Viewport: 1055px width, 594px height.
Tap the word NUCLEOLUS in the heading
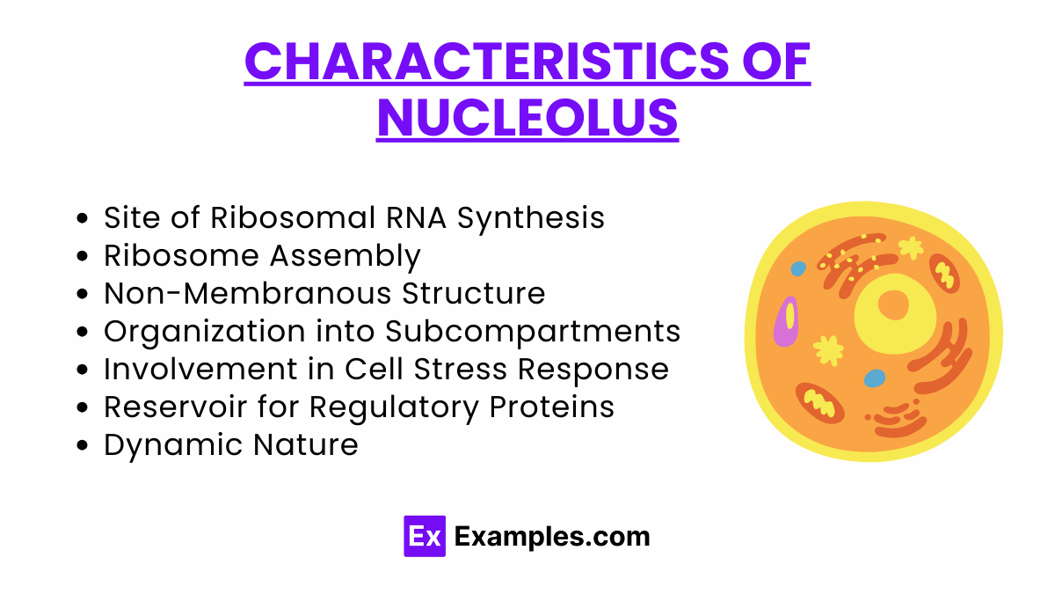coord(527,118)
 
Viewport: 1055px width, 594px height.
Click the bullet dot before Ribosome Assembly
coord(83,256)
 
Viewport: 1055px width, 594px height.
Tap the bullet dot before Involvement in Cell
coord(83,370)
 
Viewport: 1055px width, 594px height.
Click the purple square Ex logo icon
coord(425,536)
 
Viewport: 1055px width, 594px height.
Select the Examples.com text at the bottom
coord(552,536)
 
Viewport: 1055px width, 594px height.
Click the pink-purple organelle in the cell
coord(786,320)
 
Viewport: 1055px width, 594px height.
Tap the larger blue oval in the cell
coord(875,378)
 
